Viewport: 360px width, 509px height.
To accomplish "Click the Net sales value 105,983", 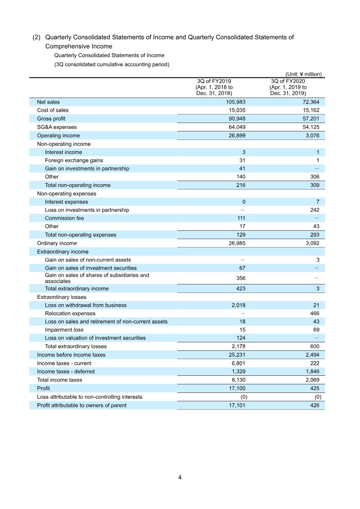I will point(235,102).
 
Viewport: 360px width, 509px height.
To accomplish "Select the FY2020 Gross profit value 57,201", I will point(310,119).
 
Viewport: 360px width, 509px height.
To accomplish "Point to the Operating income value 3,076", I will point(311,135).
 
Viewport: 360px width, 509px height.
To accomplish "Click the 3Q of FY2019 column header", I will point(214,87).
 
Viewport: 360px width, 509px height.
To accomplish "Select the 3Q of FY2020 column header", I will point(288,87).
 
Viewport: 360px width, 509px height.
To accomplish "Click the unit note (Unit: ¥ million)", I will point(303,74).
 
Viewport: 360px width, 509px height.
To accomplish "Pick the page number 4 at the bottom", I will point(180,477).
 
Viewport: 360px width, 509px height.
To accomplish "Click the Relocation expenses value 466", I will point(315,313).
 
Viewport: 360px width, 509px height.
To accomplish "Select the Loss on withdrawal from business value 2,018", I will point(237,305).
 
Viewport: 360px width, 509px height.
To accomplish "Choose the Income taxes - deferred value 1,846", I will point(311,371).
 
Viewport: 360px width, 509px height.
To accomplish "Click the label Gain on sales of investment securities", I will point(90,268).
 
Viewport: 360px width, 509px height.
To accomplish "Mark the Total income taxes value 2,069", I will point(311,380).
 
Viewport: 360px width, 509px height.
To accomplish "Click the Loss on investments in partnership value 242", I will point(315,210).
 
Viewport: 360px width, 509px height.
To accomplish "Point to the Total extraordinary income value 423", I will point(240,288).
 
